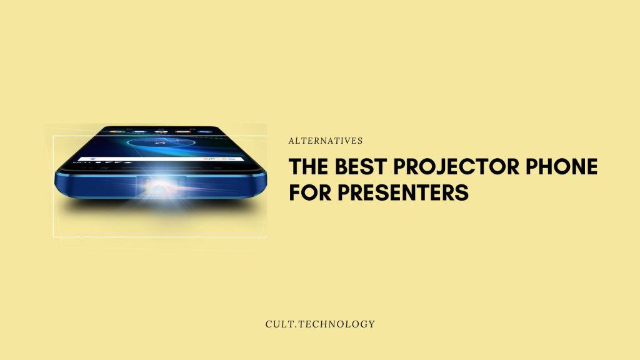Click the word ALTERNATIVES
point(325,141)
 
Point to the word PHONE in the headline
point(562,166)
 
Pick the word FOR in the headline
point(310,192)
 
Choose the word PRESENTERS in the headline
point(403,192)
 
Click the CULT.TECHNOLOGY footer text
point(320,324)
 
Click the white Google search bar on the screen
point(161,158)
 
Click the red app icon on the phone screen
point(182,131)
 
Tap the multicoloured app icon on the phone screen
point(117,131)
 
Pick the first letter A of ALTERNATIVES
point(292,141)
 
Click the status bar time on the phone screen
point(80,163)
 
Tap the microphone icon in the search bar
point(92,158)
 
